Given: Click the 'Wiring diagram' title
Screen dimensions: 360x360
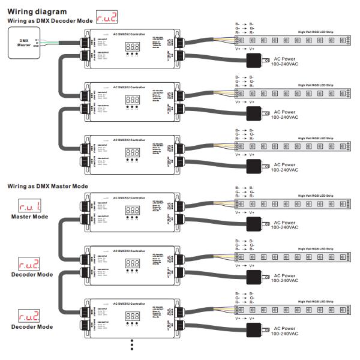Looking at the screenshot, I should pyautogui.click(x=37, y=11).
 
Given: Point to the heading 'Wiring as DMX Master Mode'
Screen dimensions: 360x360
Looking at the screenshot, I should pyautogui.click(x=47, y=186).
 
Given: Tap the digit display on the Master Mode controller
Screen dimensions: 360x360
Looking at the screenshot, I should pyautogui.click(x=133, y=211).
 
